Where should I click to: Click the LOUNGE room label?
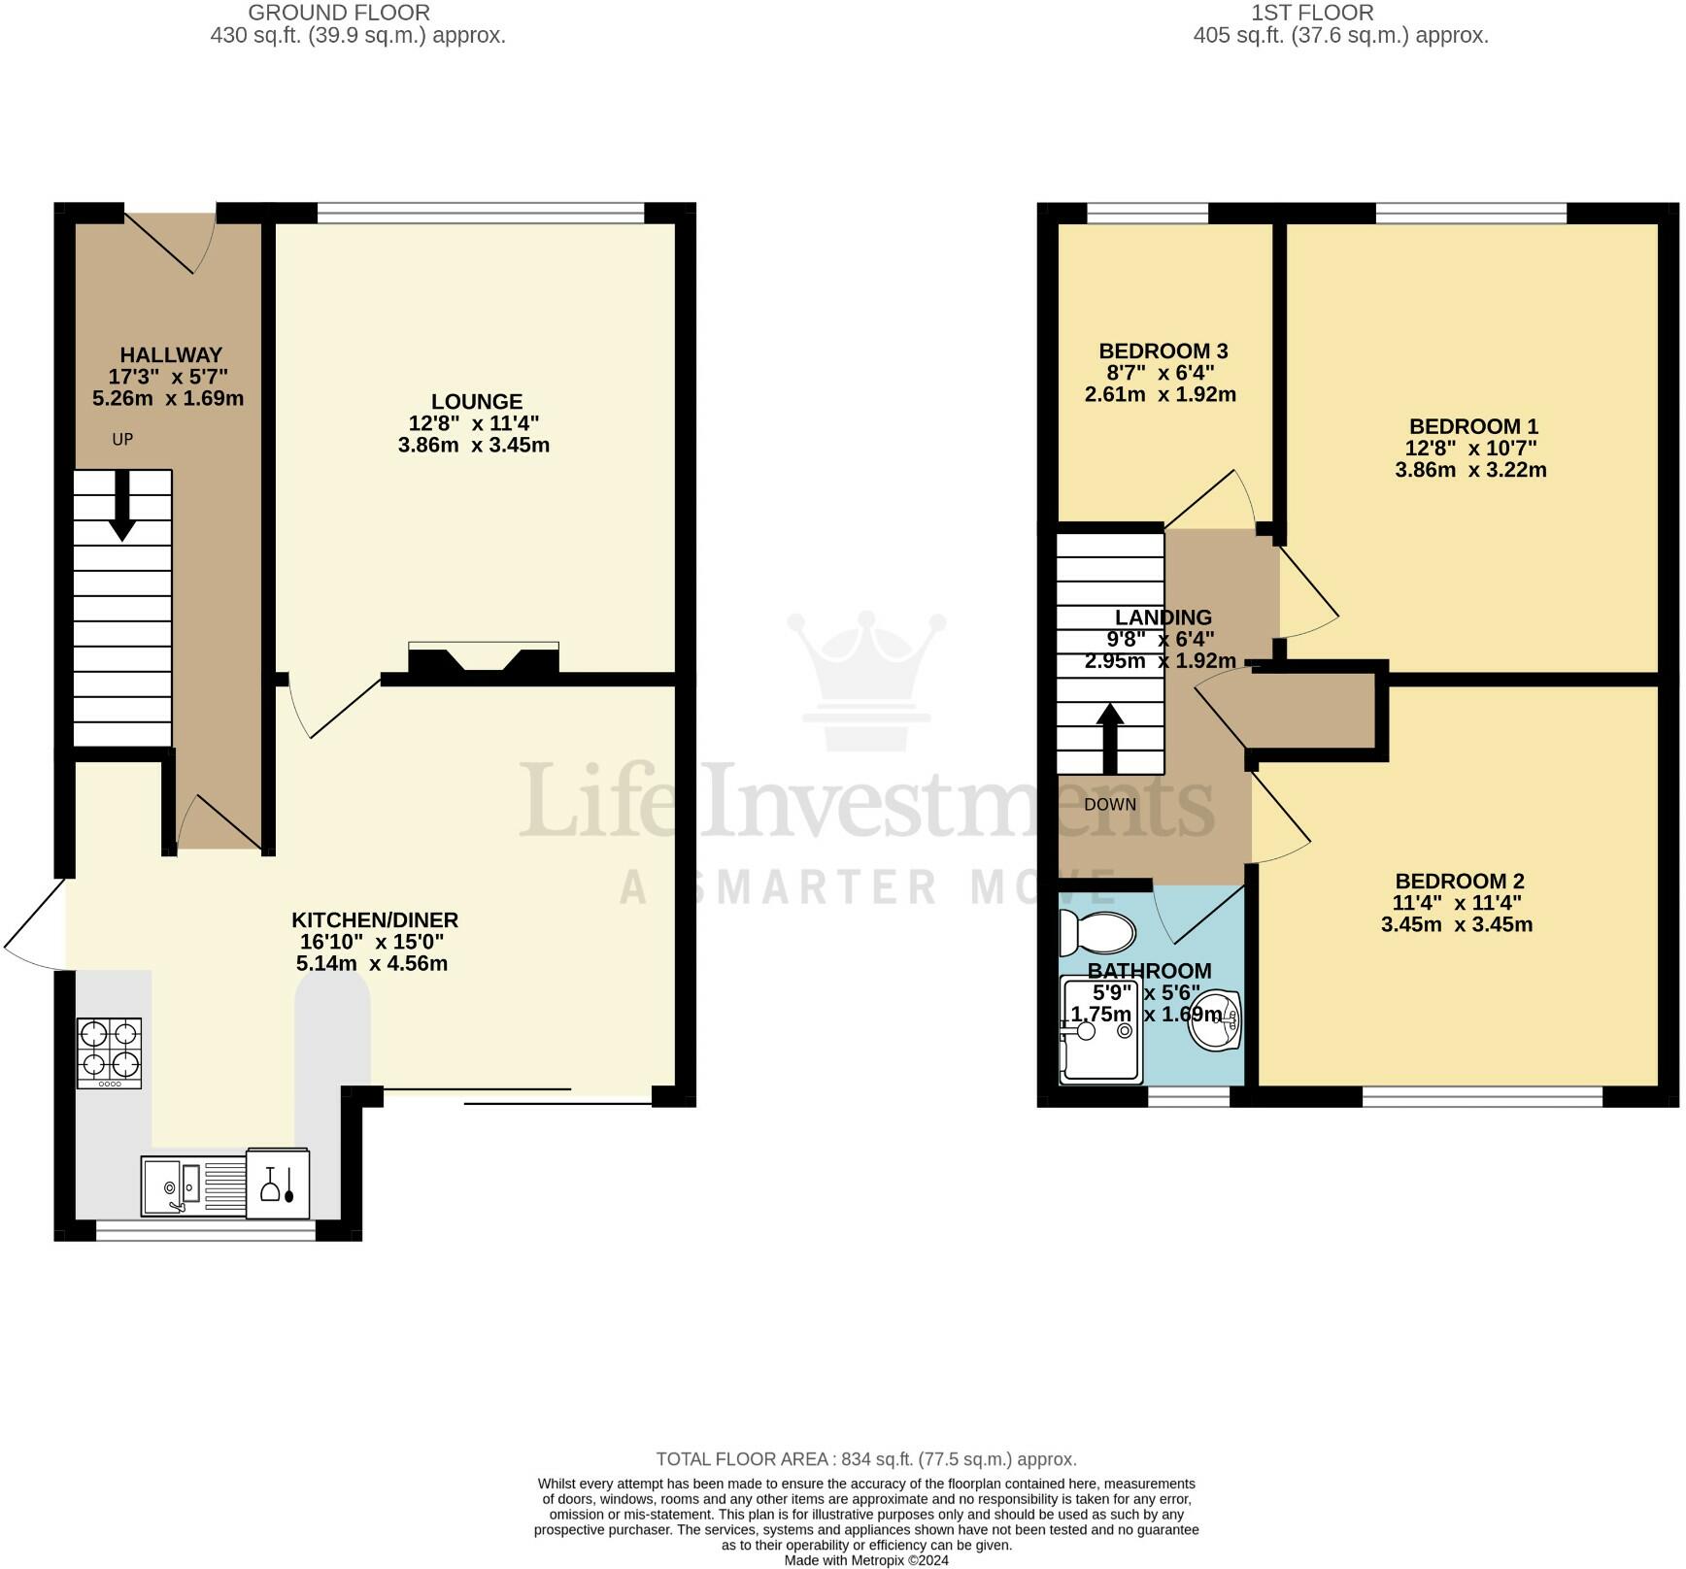click(x=476, y=401)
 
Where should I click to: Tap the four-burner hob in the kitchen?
click(x=110, y=1052)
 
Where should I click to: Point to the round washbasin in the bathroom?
click(x=1214, y=1020)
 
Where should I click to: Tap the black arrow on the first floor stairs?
click(x=1110, y=738)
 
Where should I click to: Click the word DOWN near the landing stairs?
click(x=1110, y=804)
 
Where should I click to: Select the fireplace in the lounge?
click(x=483, y=660)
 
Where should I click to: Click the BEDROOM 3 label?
click(x=1163, y=351)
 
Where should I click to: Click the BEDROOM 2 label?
click(x=1459, y=881)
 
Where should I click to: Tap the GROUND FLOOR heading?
click(x=339, y=13)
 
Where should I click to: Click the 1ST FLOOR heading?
click(x=1311, y=13)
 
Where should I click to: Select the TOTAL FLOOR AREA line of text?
click(x=865, y=1458)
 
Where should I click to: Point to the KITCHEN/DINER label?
click(x=375, y=919)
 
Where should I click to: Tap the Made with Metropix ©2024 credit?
click(x=865, y=1560)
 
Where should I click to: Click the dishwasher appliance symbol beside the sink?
click(x=278, y=1185)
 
